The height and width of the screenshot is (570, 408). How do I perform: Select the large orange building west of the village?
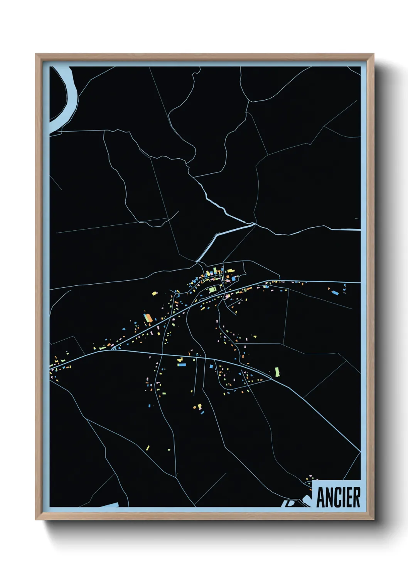click(147, 318)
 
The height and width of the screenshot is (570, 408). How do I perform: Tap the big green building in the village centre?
click(213, 290)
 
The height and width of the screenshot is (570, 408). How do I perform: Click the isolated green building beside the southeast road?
click(277, 372)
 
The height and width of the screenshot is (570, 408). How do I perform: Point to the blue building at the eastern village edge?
click(335, 293)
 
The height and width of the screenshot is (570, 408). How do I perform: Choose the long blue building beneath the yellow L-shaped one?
click(181, 364)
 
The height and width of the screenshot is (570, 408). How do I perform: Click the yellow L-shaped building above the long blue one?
click(179, 359)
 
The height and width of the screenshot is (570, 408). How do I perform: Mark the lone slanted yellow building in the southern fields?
click(148, 448)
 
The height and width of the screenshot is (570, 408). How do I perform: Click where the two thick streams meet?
click(253, 224)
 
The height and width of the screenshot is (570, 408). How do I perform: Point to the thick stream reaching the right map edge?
click(347, 230)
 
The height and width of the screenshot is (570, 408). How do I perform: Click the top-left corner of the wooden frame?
click(36, 55)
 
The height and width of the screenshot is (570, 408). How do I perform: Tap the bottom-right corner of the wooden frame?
click(373, 519)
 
